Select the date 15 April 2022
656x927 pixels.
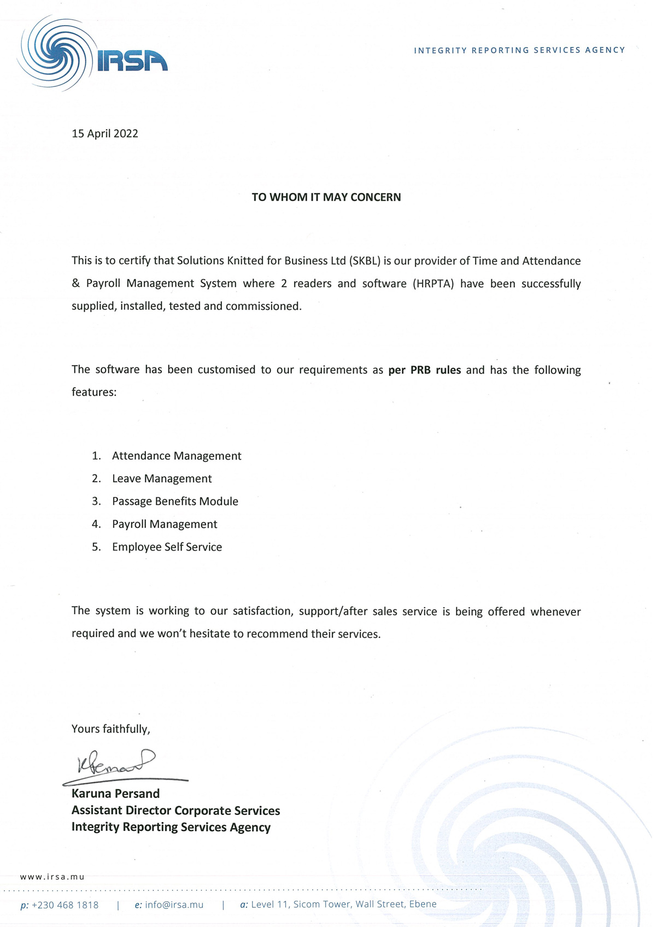(104, 134)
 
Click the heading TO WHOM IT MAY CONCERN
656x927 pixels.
(326, 197)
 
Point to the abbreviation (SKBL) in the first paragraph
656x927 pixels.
(364, 261)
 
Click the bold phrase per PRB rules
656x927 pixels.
(424, 370)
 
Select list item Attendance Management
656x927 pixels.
(177, 456)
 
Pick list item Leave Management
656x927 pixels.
(162, 479)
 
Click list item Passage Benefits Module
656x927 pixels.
(175, 501)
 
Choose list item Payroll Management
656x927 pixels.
(165, 524)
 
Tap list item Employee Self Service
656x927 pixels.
(167, 547)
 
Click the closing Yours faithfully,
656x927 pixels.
(110, 729)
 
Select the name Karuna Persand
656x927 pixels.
(115, 794)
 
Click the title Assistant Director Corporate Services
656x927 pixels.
(175, 811)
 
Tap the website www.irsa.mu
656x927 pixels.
(52, 877)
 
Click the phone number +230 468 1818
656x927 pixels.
(65, 905)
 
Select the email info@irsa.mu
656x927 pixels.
(174, 905)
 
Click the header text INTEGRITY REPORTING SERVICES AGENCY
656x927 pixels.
(519, 50)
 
